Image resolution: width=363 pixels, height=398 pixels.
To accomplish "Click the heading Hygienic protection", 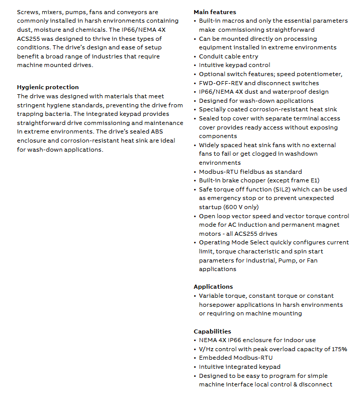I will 48,87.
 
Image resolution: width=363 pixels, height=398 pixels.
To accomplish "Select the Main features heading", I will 215,12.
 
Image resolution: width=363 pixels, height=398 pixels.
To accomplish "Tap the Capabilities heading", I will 212,331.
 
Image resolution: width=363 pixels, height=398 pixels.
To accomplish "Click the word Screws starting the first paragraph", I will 28,12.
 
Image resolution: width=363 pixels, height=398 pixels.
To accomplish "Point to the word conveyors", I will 142,12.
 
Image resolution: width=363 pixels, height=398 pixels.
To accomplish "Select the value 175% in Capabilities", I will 338,349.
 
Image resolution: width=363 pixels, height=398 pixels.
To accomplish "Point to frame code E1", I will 314,180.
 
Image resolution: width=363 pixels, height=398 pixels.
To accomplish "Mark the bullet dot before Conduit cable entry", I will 195,56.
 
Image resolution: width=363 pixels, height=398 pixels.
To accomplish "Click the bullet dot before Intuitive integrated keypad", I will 195,367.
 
